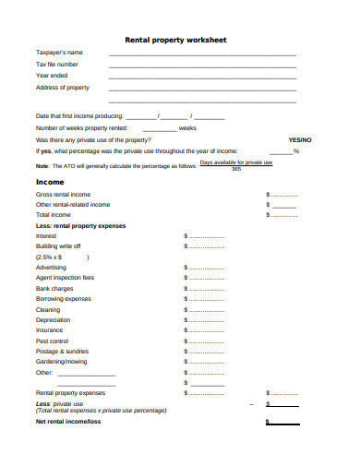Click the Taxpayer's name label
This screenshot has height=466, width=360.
(x=59, y=52)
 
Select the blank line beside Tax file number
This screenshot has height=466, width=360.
(x=202, y=66)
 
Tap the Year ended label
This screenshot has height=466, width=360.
(x=52, y=76)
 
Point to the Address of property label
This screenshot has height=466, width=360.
(x=63, y=88)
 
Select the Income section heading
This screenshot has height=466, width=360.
(x=50, y=182)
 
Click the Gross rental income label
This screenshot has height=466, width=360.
(x=63, y=195)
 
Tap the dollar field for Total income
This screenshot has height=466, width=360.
(x=282, y=214)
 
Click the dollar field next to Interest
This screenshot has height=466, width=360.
(x=205, y=236)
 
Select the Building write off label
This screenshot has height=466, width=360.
(x=58, y=246)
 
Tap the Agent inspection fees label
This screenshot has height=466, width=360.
(x=65, y=277)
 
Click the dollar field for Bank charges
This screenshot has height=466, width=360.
(x=205, y=289)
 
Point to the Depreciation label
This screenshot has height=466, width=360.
(x=53, y=319)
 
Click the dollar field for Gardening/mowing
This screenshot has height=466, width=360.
(x=205, y=362)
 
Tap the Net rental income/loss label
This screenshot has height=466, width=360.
(x=68, y=422)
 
